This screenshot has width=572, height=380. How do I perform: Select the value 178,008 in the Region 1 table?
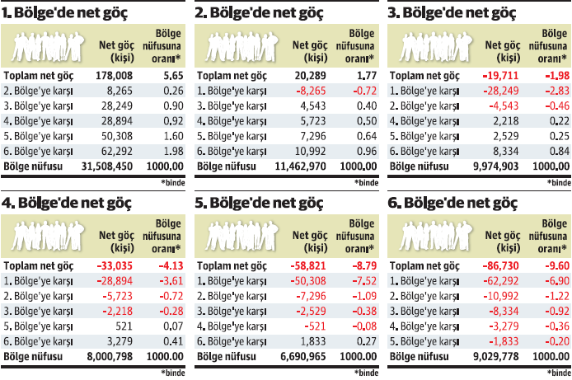tap(115, 75)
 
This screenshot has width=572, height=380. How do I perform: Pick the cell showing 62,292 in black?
tap(115, 151)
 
